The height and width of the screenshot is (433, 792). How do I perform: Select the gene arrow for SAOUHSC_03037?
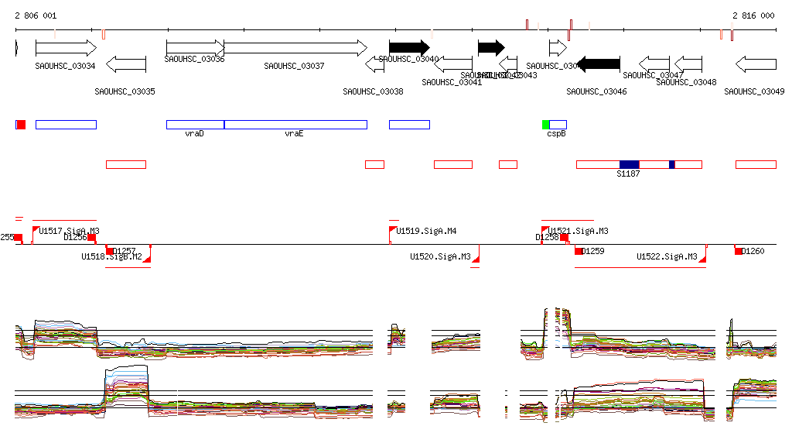tap(295, 47)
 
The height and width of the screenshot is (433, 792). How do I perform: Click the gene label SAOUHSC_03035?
tap(125, 91)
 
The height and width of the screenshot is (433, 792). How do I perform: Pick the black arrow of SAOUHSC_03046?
tap(599, 64)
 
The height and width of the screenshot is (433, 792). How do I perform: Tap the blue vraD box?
tap(195, 125)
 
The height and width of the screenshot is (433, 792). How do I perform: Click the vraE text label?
tap(293, 134)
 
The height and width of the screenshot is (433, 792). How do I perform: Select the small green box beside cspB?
tap(545, 125)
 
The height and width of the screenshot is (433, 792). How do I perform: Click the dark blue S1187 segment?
tap(629, 164)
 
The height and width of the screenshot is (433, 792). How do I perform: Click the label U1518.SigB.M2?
tap(112, 256)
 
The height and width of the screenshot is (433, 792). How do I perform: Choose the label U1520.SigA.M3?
tap(440, 256)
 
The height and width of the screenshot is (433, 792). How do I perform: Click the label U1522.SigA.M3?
tap(667, 256)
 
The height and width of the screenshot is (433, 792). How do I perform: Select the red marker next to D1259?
tap(578, 251)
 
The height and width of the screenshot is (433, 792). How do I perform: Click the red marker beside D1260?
tap(739, 251)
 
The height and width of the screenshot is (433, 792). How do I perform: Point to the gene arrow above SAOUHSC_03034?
tap(66, 47)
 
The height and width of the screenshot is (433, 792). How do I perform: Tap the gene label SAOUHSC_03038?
tap(373, 91)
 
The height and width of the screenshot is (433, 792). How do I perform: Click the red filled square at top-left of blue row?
tap(21, 125)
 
